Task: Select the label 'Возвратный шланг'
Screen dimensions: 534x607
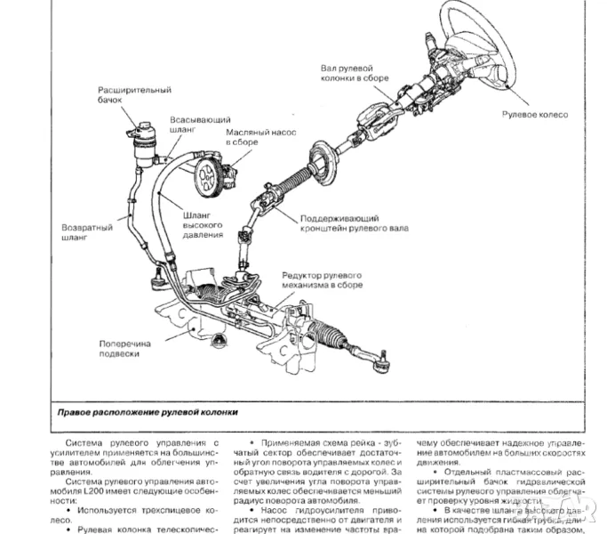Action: [x=85, y=232]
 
